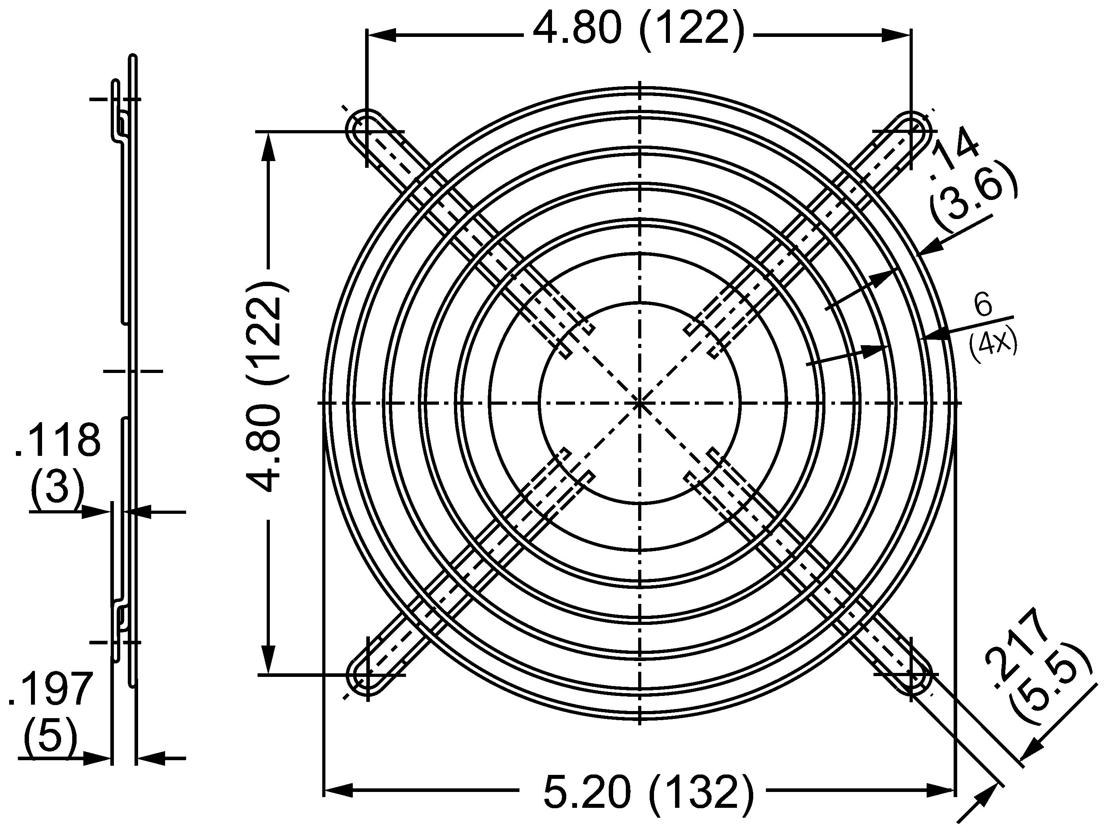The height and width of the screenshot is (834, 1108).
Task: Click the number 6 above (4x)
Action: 984,305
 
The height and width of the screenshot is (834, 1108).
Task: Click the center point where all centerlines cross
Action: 640,402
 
